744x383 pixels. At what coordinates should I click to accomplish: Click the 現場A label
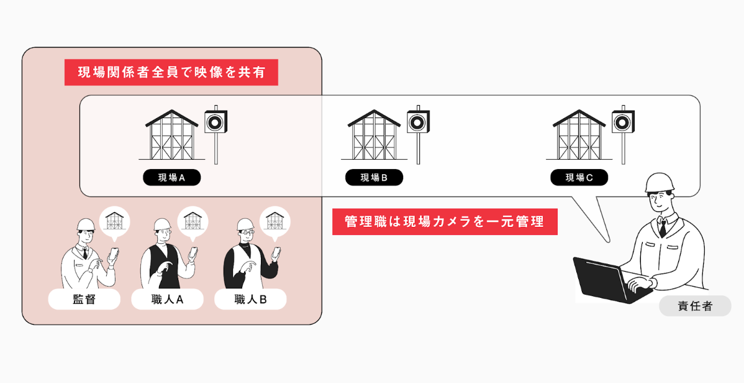(x=172, y=178)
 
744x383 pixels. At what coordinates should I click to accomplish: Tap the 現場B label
(x=374, y=178)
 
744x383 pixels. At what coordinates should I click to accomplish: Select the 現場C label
(x=579, y=178)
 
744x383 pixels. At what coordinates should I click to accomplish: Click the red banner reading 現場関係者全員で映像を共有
(x=171, y=72)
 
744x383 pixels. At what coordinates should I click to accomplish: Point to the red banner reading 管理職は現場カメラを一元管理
(x=445, y=221)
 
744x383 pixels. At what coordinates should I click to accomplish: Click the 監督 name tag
(x=84, y=300)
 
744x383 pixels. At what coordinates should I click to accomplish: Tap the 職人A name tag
(x=167, y=300)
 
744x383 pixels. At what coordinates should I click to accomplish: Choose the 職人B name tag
(x=250, y=300)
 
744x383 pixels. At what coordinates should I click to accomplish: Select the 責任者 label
(x=695, y=306)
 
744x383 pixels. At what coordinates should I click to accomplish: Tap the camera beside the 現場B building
(x=418, y=122)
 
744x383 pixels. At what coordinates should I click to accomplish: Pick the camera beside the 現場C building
(x=623, y=122)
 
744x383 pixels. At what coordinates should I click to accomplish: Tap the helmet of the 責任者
(x=660, y=183)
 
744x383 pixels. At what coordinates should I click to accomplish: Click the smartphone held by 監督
(x=114, y=254)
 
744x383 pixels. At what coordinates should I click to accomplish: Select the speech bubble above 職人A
(x=193, y=221)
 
